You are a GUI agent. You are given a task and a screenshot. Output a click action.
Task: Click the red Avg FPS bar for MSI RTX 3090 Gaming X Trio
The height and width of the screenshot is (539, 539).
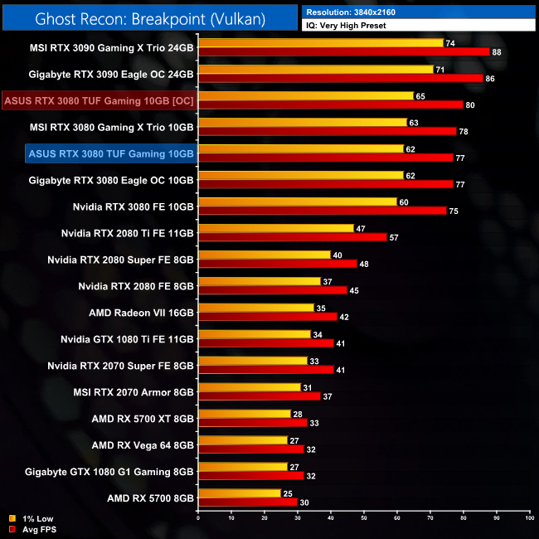pos(343,51)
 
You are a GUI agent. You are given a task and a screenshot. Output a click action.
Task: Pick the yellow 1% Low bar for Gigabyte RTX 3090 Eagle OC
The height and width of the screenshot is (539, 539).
pos(315,69)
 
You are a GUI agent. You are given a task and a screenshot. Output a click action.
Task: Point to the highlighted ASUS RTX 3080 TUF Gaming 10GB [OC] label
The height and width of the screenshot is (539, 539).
pos(100,101)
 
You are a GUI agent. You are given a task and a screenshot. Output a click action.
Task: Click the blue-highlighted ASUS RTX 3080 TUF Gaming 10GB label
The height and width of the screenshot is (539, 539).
pos(110,153)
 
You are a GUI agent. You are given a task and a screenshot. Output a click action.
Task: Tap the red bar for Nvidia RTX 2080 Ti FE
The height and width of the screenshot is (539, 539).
pos(292,237)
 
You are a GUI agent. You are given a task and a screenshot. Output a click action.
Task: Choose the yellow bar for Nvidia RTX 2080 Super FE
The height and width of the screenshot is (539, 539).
pos(264,255)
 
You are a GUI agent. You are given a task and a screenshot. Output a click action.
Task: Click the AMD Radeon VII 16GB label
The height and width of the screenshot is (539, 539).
pos(141,313)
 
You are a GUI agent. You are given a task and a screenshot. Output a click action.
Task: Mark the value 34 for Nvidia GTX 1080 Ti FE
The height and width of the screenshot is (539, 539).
pos(318,334)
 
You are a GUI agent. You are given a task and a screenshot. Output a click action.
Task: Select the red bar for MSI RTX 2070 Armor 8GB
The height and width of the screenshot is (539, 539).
pos(259,396)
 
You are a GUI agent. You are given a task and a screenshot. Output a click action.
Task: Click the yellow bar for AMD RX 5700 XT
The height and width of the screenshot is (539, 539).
pos(244,414)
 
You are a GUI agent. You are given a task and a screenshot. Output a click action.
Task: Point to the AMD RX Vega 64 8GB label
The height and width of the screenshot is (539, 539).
pos(143,444)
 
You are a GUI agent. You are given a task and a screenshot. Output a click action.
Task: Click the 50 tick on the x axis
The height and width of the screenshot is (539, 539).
pos(363,517)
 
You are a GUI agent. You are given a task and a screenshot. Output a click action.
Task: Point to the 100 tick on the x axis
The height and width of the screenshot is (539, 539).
pos(528,517)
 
